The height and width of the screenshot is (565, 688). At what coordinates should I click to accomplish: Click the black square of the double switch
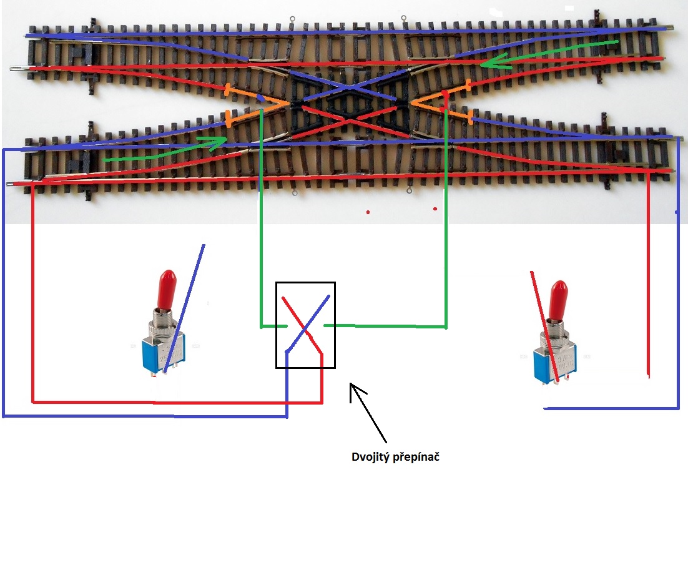[x=305, y=325]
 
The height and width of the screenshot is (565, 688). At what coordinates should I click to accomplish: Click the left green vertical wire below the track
[x=260, y=237]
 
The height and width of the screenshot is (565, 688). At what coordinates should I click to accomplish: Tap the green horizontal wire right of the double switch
[x=384, y=326]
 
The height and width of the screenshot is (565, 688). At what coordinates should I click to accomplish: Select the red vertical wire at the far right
[x=648, y=281]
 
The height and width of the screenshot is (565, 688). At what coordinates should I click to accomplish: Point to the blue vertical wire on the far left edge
[x=4, y=281]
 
